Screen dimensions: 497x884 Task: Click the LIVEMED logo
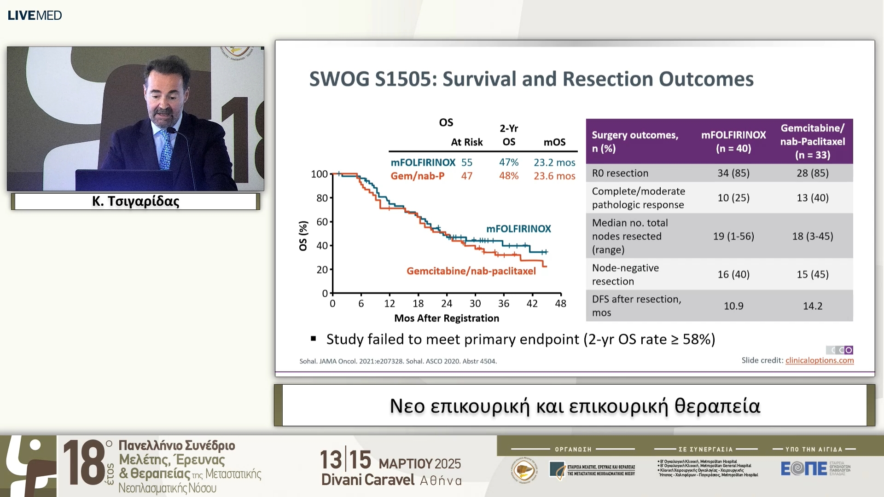click(x=35, y=15)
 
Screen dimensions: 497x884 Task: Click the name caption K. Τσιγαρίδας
click(x=135, y=201)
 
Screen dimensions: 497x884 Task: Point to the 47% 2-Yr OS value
click(x=509, y=162)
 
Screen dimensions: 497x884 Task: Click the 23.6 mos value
click(x=554, y=176)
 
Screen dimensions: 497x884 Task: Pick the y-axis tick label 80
click(x=322, y=198)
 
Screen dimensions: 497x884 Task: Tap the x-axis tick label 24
click(x=447, y=304)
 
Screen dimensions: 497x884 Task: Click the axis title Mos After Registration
click(x=447, y=318)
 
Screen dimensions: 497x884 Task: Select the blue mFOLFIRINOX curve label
click(x=518, y=229)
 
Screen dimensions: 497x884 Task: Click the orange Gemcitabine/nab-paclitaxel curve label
click(x=471, y=271)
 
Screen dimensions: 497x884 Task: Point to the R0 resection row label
click(x=620, y=173)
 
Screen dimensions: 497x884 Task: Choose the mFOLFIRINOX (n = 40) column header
click(x=733, y=141)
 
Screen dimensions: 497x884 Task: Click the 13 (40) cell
click(x=813, y=197)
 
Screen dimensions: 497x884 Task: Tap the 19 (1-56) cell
click(x=733, y=236)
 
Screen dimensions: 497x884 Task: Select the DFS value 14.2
click(x=813, y=306)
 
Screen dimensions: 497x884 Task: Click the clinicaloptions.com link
click(x=820, y=360)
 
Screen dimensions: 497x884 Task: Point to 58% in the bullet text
click(x=697, y=339)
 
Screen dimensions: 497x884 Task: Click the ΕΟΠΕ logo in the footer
click(x=803, y=469)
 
